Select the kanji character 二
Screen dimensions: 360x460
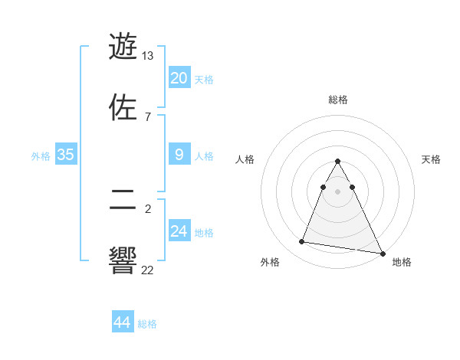(123, 201)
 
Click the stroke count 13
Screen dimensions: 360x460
(148, 56)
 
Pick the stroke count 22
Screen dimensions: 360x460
(148, 269)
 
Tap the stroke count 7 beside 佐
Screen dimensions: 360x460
(148, 116)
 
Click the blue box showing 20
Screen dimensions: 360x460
(179, 78)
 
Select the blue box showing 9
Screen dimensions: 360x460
(179, 155)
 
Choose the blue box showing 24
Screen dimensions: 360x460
(179, 231)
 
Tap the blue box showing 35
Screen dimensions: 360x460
(65, 155)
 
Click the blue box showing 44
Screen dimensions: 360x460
(122, 322)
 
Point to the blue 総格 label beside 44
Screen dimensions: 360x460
(147, 324)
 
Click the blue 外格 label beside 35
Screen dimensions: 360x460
(41, 156)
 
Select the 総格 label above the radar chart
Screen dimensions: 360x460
(338, 100)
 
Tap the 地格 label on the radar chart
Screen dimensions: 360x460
(402, 262)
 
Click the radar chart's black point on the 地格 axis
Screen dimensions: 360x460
(383, 253)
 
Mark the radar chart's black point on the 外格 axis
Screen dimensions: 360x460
(301, 242)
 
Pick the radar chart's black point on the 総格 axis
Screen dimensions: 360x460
(338, 161)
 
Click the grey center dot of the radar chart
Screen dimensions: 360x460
(338, 191)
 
